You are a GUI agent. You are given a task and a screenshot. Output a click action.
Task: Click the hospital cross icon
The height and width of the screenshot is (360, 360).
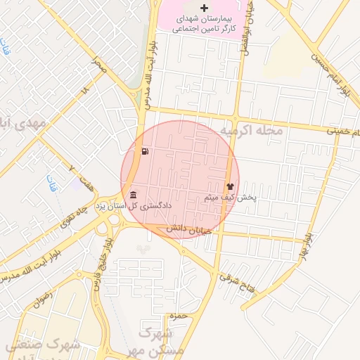205,8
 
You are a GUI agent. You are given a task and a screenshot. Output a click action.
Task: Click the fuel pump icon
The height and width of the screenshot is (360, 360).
145,151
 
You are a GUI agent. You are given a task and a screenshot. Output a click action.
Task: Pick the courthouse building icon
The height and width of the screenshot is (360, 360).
133,195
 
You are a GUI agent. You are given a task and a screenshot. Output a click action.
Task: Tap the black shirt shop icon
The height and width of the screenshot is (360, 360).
231,186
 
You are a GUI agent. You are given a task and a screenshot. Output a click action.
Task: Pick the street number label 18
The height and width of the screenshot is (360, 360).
86,91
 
